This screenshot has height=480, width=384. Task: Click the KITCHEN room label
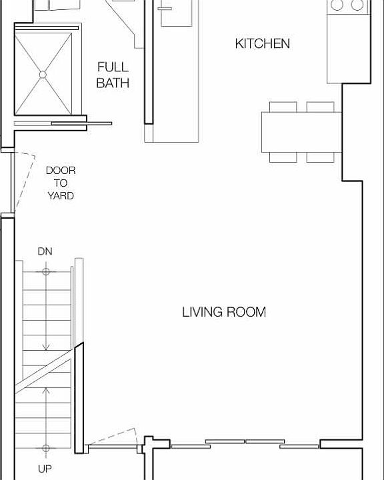pos(262,44)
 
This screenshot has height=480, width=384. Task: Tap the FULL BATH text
pos(113,75)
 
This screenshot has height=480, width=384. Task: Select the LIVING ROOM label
pos(224,312)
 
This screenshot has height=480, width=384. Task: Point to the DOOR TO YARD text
pos(60,183)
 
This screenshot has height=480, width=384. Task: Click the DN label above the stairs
pos(45,251)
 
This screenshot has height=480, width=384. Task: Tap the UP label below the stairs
pos(45,469)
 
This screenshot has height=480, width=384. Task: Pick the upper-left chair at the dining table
pos(283,107)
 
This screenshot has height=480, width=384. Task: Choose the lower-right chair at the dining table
pos(320,157)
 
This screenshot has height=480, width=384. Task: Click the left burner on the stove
pos(337,5)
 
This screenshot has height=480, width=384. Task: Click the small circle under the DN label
pos(45,271)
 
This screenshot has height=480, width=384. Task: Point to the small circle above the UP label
pos(45,448)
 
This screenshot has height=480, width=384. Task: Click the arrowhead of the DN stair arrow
pos(45,347)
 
